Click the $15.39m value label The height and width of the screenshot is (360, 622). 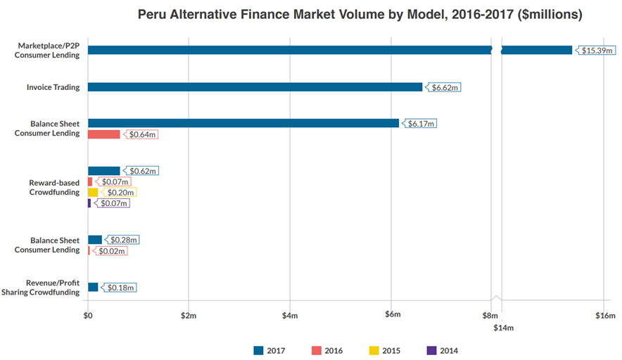click(x=596, y=51)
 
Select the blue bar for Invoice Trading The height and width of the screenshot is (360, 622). click(x=255, y=86)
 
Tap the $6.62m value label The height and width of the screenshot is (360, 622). click(x=443, y=87)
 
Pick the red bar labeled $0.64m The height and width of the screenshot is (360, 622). click(x=104, y=134)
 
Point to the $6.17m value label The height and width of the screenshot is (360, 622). click(x=419, y=123)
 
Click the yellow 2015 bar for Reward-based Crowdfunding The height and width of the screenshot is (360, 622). click(x=93, y=192)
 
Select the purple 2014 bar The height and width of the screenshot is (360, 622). click(x=89, y=203)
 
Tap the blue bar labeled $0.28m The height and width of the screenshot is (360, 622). click(x=95, y=240)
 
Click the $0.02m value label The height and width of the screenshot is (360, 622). click(x=110, y=251)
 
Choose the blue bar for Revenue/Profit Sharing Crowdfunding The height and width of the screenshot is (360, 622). click(x=93, y=287)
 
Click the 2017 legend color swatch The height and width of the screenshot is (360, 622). click(x=258, y=350)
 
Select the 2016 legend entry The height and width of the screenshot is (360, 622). click(x=327, y=350)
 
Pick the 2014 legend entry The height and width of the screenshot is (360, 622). click(x=443, y=350)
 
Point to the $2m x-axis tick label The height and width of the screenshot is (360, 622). click(x=189, y=316)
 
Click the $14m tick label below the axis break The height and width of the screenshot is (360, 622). click(x=503, y=328)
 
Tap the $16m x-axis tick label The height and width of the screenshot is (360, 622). click(x=605, y=316)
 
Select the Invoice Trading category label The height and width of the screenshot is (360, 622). click(x=53, y=87)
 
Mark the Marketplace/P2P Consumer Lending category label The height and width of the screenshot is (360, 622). click(x=47, y=51)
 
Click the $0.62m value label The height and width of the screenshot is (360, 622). click(x=141, y=171)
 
